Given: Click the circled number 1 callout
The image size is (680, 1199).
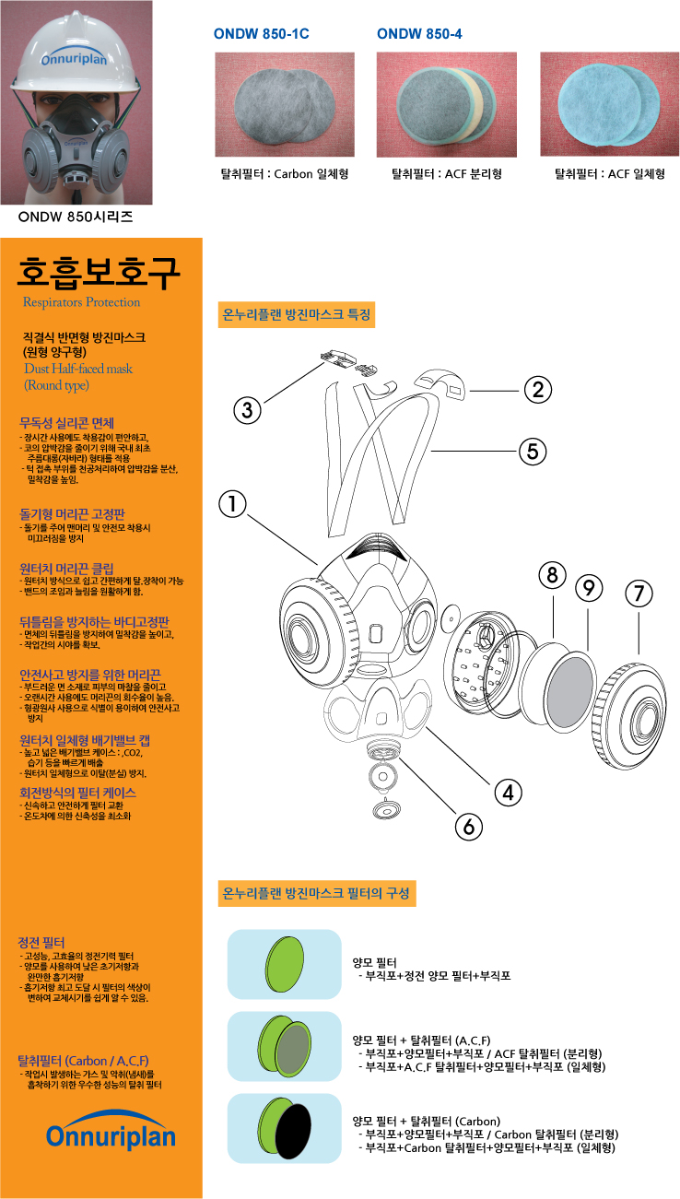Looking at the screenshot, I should [x=234, y=503].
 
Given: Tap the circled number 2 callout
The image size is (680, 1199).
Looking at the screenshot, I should [x=537, y=390].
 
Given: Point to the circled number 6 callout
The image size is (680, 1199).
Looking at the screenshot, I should [x=469, y=826].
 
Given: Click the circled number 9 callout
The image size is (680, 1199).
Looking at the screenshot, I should [x=589, y=586].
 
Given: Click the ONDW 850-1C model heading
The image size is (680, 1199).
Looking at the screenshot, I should [x=261, y=34].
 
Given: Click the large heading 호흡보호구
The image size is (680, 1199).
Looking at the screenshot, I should [x=100, y=271].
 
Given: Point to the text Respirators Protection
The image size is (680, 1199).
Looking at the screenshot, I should [x=82, y=302].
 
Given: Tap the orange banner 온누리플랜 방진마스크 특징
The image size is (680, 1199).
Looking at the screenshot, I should [x=298, y=314].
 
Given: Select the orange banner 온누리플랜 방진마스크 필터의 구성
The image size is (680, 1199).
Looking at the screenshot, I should [x=319, y=893].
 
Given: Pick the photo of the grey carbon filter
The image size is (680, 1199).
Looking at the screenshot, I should [x=285, y=103].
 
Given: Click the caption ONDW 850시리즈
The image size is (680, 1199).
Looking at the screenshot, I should [x=76, y=218].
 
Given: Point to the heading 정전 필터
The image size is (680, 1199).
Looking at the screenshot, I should [x=41, y=943].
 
